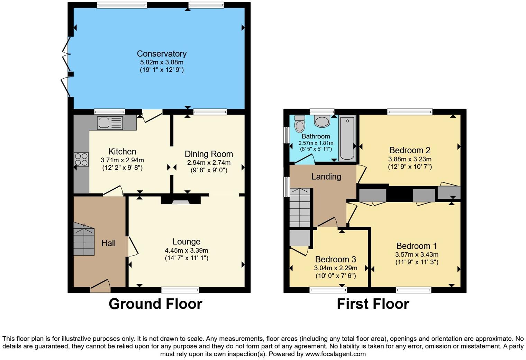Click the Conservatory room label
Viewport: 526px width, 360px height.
[x=162, y=54]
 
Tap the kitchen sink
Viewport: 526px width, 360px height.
[x=110, y=123]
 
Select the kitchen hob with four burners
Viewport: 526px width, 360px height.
[x=81, y=159]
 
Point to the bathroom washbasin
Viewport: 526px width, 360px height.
[x=322, y=121]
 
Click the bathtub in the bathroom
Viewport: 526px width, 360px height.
[x=347, y=138]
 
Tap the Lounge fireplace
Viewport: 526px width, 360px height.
[x=181, y=201]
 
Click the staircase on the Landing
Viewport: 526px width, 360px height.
[x=300, y=207]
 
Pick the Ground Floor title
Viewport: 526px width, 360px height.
[x=155, y=304]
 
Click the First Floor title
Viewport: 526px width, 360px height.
[x=373, y=304]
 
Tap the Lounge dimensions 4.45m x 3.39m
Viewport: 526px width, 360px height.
[x=187, y=250]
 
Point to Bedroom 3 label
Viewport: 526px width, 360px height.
[x=335, y=259]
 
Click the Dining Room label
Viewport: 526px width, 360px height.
[x=209, y=154]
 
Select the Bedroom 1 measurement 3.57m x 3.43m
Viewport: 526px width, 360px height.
[x=417, y=254]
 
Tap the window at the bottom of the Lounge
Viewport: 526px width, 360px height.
[x=180, y=290]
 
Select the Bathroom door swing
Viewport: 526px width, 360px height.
[x=305, y=159]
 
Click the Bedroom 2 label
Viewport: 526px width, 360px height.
[x=410, y=150]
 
